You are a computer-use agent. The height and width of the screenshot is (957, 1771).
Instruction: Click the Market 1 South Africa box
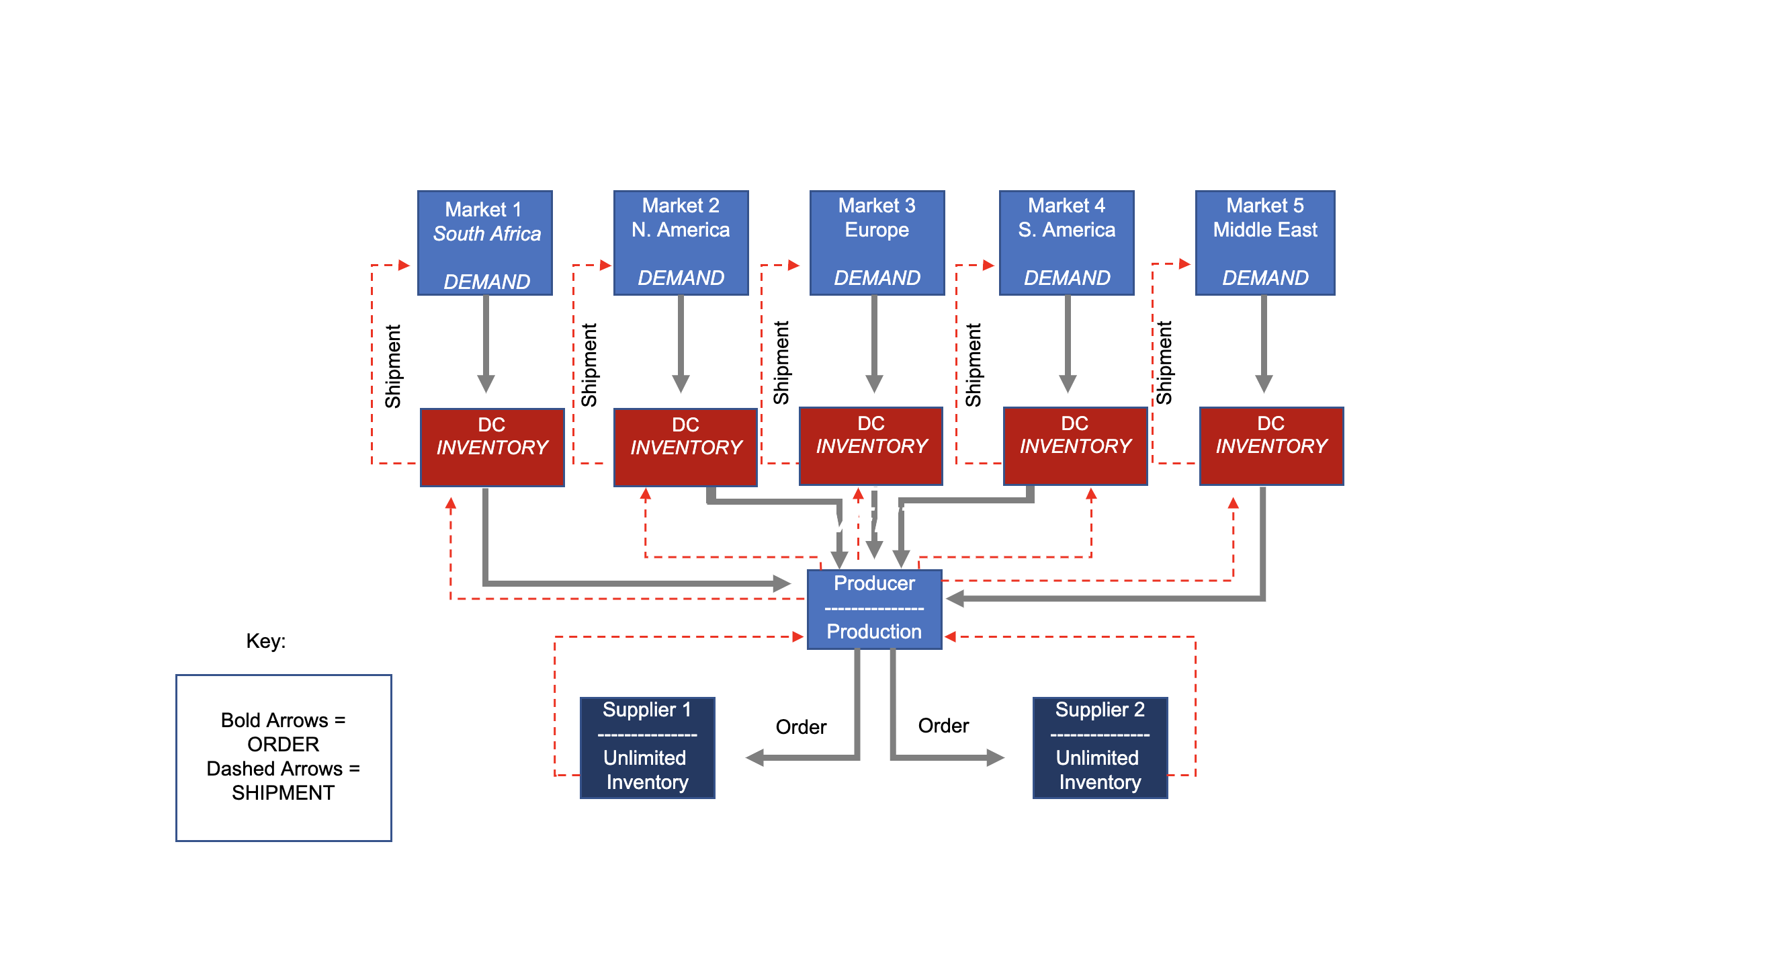click(x=484, y=243)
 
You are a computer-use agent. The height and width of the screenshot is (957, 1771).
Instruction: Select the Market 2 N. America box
click(x=681, y=243)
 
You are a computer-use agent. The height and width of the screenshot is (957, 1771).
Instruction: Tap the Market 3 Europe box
click(x=877, y=243)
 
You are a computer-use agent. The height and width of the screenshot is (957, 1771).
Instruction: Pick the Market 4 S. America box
click(x=1066, y=243)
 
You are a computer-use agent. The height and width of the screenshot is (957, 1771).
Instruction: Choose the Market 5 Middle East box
click(x=1265, y=243)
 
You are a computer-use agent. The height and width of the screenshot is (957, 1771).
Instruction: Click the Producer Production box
click(x=874, y=609)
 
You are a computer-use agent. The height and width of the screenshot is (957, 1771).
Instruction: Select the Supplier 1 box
click(x=647, y=747)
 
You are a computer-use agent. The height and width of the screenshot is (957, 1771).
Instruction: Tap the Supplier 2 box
click(x=1099, y=747)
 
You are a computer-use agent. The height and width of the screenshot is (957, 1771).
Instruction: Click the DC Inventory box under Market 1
click(x=492, y=447)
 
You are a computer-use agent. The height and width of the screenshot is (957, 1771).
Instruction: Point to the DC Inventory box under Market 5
click(x=1271, y=446)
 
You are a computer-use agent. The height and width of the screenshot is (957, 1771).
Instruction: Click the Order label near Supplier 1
click(x=800, y=726)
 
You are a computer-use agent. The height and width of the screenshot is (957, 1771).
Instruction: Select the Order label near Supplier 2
click(x=943, y=725)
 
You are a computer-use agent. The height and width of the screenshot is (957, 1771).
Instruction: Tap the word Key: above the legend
click(x=265, y=640)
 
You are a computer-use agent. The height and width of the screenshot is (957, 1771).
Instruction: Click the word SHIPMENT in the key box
click(x=283, y=793)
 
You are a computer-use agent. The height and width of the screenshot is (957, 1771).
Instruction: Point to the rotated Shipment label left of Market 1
click(x=392, y=366)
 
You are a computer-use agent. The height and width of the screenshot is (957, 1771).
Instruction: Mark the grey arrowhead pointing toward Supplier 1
click(x=756, y=757)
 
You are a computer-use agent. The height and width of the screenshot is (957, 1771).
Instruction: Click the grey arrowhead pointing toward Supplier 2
click(x=995, y=757)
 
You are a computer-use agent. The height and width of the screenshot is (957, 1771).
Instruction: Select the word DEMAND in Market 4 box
click(x=1066, y=278)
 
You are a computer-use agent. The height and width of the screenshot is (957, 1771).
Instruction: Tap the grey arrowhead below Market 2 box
click(x=681, y=383)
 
